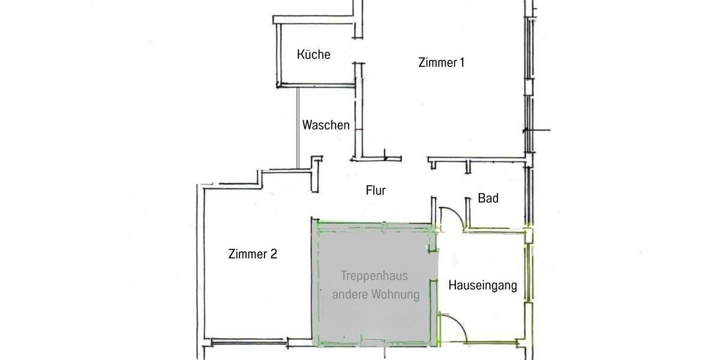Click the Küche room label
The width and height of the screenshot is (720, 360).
coord(314,55)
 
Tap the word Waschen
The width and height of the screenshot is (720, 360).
coord(326,125)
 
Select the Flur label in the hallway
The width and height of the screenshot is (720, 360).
coord(376,191)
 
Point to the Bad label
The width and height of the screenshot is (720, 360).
coord(488,198)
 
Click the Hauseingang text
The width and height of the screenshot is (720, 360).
coord(482,286)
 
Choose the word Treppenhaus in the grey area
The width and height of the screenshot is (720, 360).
coord(374,276)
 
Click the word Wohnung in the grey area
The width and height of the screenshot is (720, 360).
coord(395,295)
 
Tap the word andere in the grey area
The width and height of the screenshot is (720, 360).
coord(350,295)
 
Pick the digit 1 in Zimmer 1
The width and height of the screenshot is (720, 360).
coord(461,62)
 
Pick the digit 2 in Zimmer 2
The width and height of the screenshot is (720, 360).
coord(274,254)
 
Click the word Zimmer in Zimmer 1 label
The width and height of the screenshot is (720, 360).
coord(437,62)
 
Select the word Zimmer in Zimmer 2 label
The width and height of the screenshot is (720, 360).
coord(248,254)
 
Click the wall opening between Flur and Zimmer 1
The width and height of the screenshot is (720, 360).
coord(414,159)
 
